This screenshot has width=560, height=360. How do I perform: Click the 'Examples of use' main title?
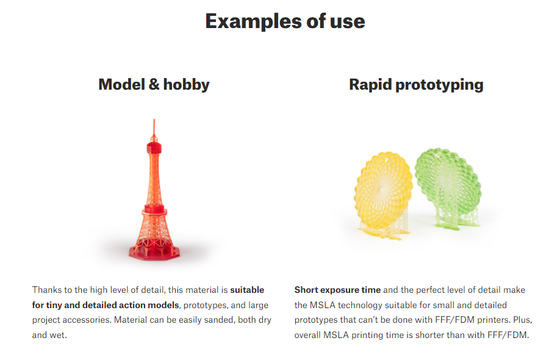click(285, 21)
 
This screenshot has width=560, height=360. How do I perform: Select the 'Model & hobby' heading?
click(154, 85)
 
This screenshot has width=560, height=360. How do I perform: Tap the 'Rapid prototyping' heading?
click(416, 85)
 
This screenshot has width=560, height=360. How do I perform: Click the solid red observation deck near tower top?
click(154, 147)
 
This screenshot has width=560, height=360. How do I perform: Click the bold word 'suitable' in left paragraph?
click(247, 290)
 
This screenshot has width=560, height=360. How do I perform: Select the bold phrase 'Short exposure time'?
click(337, 290)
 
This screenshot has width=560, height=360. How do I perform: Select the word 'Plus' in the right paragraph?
click(523, 320)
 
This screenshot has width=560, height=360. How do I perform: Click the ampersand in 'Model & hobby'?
click(154, 85)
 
